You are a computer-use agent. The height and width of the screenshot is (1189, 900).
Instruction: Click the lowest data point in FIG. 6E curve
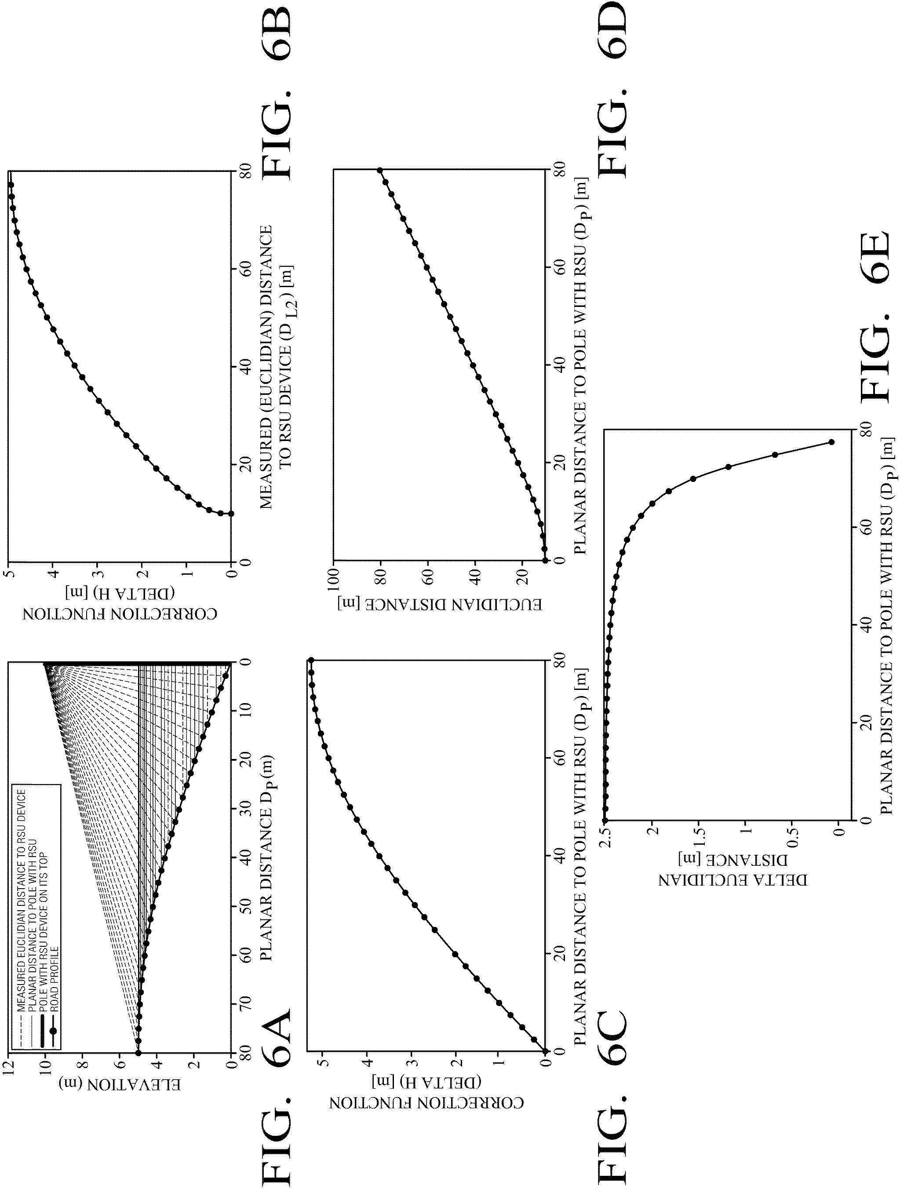[x=832, y=442]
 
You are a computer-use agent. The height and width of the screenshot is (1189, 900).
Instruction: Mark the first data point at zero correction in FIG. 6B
[x=231, y=513]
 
